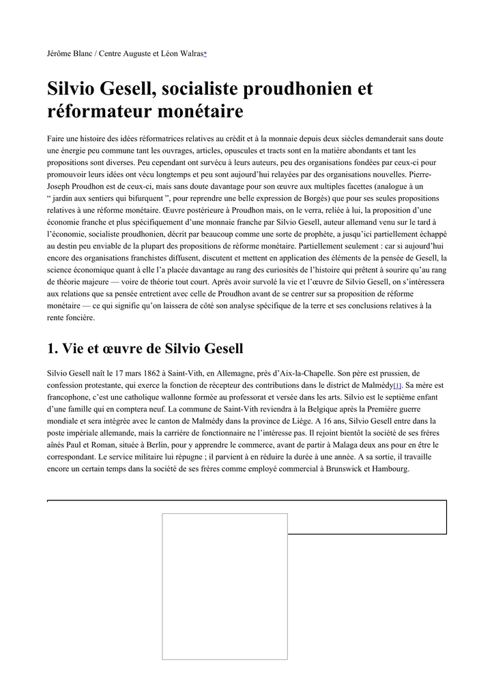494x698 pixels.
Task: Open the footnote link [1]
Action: point(397,386)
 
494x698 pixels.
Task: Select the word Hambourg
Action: point(390,470)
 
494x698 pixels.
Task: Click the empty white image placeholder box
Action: point(224,586)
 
